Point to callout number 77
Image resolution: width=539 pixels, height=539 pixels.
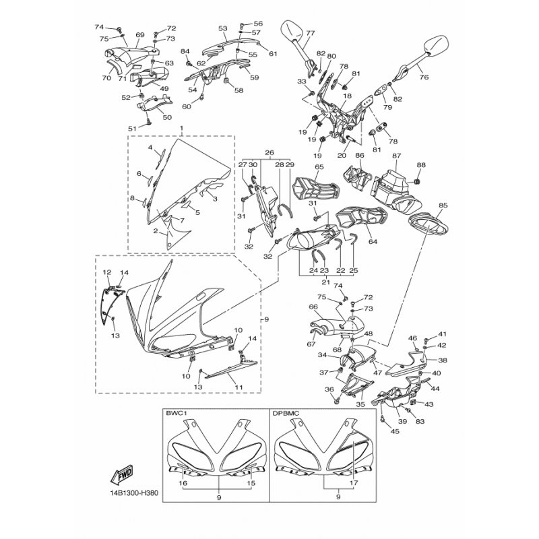310,32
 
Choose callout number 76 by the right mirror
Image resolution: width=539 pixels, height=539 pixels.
424,77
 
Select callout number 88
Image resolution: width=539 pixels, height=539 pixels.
421,165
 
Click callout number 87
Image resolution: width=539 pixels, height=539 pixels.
397,156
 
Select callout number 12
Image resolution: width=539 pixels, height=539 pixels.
106,272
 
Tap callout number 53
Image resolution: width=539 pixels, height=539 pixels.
223,28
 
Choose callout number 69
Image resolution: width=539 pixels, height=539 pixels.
140,34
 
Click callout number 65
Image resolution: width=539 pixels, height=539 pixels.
319,166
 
